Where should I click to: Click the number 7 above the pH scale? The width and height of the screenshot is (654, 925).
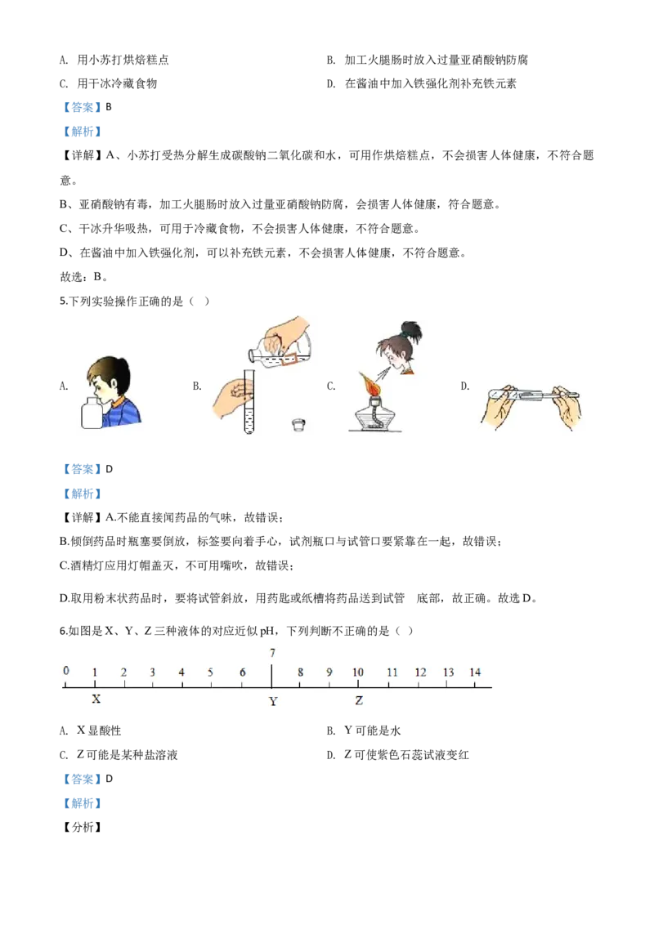tap(272, 653)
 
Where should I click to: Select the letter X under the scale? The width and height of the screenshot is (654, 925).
tap(96, 699)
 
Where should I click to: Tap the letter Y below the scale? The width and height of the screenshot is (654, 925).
tap(273, 701)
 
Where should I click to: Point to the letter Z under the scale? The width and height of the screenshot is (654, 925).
tap(359, 700)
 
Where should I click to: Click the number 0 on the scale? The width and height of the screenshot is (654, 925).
tap(66, 671)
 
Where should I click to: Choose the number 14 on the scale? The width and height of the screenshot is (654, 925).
tap(475, 672)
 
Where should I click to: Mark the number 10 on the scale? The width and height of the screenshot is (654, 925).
tap(358, 672)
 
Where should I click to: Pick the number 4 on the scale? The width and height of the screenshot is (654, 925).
tap(181, 672)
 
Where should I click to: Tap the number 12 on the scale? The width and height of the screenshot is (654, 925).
tap(420, 672)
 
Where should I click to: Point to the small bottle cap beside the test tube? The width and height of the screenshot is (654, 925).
tap(299, 425)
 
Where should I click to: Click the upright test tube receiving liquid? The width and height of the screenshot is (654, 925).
tap(249, 404)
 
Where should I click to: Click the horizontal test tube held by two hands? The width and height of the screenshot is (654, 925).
tap(533, 397)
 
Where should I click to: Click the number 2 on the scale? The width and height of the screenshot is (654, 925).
tap(123, 672)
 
